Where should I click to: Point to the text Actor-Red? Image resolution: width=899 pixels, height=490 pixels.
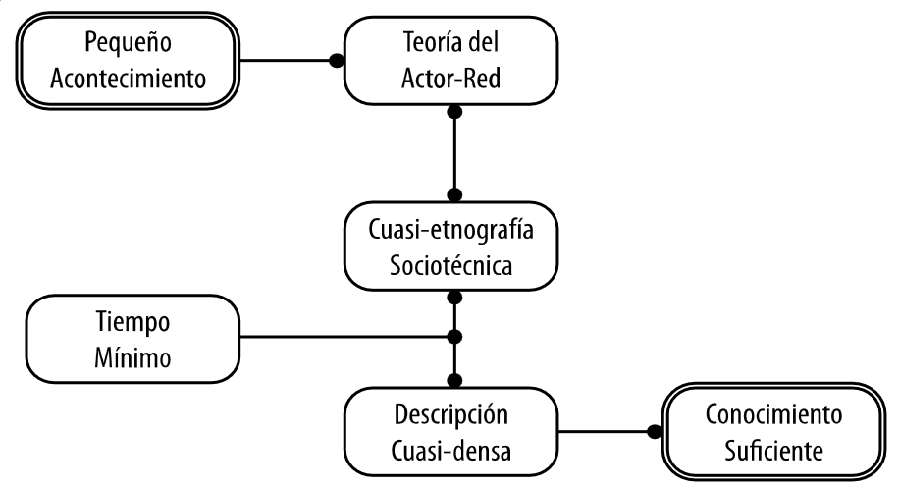tap(451, 77)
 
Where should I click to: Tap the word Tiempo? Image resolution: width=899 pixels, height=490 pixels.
tap(134, 322)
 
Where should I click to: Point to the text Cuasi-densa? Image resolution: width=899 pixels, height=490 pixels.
tap(451, 449)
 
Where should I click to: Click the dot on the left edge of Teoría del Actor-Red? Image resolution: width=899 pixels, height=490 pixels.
tap(337, 60)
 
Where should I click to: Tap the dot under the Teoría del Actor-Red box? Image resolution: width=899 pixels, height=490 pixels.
tap(453, 114)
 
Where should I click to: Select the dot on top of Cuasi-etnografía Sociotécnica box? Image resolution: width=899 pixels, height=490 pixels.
tap(453, 193)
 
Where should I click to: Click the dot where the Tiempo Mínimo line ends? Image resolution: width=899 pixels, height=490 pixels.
tap(453, 338)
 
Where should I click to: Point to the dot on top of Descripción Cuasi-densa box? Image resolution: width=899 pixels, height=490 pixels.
tap(453, 379)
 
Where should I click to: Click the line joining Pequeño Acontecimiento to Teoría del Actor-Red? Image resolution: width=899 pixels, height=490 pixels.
tap(289, 60)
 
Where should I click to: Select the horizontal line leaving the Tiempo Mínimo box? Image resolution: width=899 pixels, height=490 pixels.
tap(344, 338)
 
